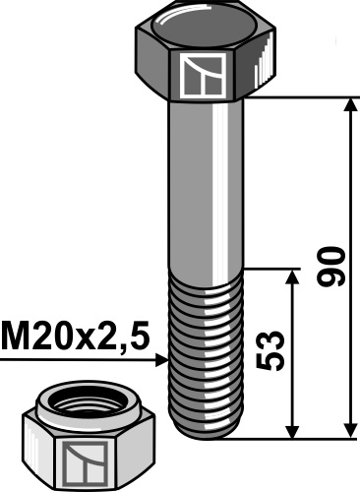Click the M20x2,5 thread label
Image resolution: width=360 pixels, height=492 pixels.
click(x=77, y=337)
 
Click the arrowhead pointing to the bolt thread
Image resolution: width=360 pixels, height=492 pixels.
click(x=161, y=361)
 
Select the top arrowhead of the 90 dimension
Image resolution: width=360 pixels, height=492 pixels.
click(x=349, y=105)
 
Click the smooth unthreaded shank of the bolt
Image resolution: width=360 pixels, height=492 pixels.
click(x=207, y=187)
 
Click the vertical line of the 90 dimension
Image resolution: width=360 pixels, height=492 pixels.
click(x=349, y=197)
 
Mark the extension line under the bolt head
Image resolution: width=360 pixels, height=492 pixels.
click(x=295, y=96)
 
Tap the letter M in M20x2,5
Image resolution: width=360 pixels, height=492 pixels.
click(x=14, y=337)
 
